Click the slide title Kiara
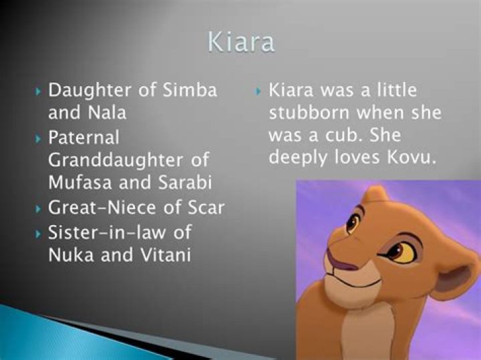240,41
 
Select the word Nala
106,112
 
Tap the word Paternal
84,138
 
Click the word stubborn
306,113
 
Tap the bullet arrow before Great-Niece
39,208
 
